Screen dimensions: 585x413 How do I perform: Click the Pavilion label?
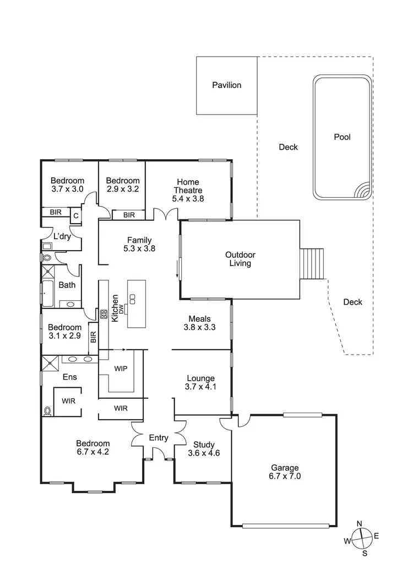(x=226, y=85)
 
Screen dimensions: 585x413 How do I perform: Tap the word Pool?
(x=342, y=137)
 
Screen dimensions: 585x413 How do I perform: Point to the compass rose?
(x=363, y=538)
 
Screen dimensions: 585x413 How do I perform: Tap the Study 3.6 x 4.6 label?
(x=204, y=449)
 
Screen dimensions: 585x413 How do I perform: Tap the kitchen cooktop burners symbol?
(x=103, y=315)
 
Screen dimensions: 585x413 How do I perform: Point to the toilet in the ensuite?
(x=47, y=410)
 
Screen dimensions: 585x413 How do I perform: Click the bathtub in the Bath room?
(x=48, y=294)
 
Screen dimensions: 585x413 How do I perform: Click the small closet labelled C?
(x=75, y=216)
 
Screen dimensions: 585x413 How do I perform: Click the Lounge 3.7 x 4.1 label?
(x=200, y=382)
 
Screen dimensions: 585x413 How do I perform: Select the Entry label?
(x=159, y=437)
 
